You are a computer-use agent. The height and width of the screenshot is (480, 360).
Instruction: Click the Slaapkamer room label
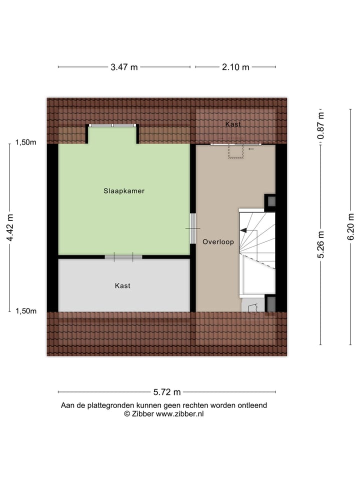[x=124, y=190]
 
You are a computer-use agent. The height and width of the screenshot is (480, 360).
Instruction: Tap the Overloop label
[x=218, y=242]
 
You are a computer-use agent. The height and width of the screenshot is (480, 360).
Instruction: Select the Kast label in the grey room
[x=122, y=285]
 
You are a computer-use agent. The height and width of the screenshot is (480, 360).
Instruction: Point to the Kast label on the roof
[x=232, y=124]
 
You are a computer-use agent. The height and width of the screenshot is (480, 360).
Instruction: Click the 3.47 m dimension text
[x=124, y=67]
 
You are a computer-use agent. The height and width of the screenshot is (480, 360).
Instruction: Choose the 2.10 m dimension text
[x=235, y=67]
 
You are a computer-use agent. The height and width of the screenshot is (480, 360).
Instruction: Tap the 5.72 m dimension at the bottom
[x=166, y=392]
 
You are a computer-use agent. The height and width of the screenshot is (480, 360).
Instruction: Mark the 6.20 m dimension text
[x=350, y=228]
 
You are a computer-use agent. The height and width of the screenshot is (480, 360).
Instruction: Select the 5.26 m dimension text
[x=321, y=244]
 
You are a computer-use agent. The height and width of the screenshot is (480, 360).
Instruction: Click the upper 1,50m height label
[x=25, y=142]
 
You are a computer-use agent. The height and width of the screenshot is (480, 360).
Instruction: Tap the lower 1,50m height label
[x=25, y=311]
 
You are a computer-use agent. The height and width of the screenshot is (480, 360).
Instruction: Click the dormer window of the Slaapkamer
[x=112, y=125]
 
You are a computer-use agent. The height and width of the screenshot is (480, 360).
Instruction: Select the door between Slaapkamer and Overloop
[x=193, y=228]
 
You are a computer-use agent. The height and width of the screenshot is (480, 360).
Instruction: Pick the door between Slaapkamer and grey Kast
[x=123, y=257]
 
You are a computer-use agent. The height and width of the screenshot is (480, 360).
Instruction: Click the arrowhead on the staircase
[x=243, y=230]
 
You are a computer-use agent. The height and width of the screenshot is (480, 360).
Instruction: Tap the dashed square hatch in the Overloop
[x=235, y=151]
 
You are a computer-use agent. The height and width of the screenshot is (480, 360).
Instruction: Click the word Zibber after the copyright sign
[x=142, y=413]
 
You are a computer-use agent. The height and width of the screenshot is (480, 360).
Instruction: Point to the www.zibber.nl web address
[x=180, y=413]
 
